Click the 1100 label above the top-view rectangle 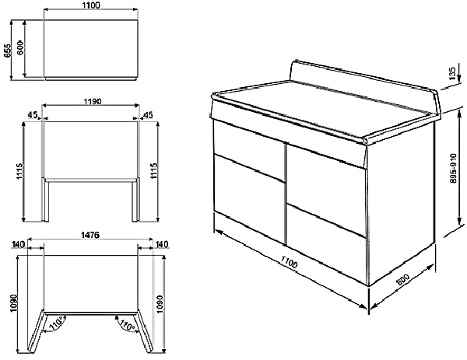click(90, 5)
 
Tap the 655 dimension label click(8, 50)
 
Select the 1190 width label click(92, 101)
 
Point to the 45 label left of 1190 click(33, 115)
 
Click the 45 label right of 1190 click(148, 115)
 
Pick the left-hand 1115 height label click(19, 171)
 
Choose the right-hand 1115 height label click(154, 171)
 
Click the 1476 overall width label click(90, 235)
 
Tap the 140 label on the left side click(19, 244)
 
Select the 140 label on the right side click(162, 244)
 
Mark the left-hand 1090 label click(13, 303)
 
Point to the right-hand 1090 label click(160, 304)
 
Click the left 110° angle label click(56, 323)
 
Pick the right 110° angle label click(127, 323)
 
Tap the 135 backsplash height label click(452, 73)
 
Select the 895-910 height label click(454, 169)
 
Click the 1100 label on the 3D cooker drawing click(289, 261)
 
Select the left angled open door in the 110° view click(37, 331)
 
